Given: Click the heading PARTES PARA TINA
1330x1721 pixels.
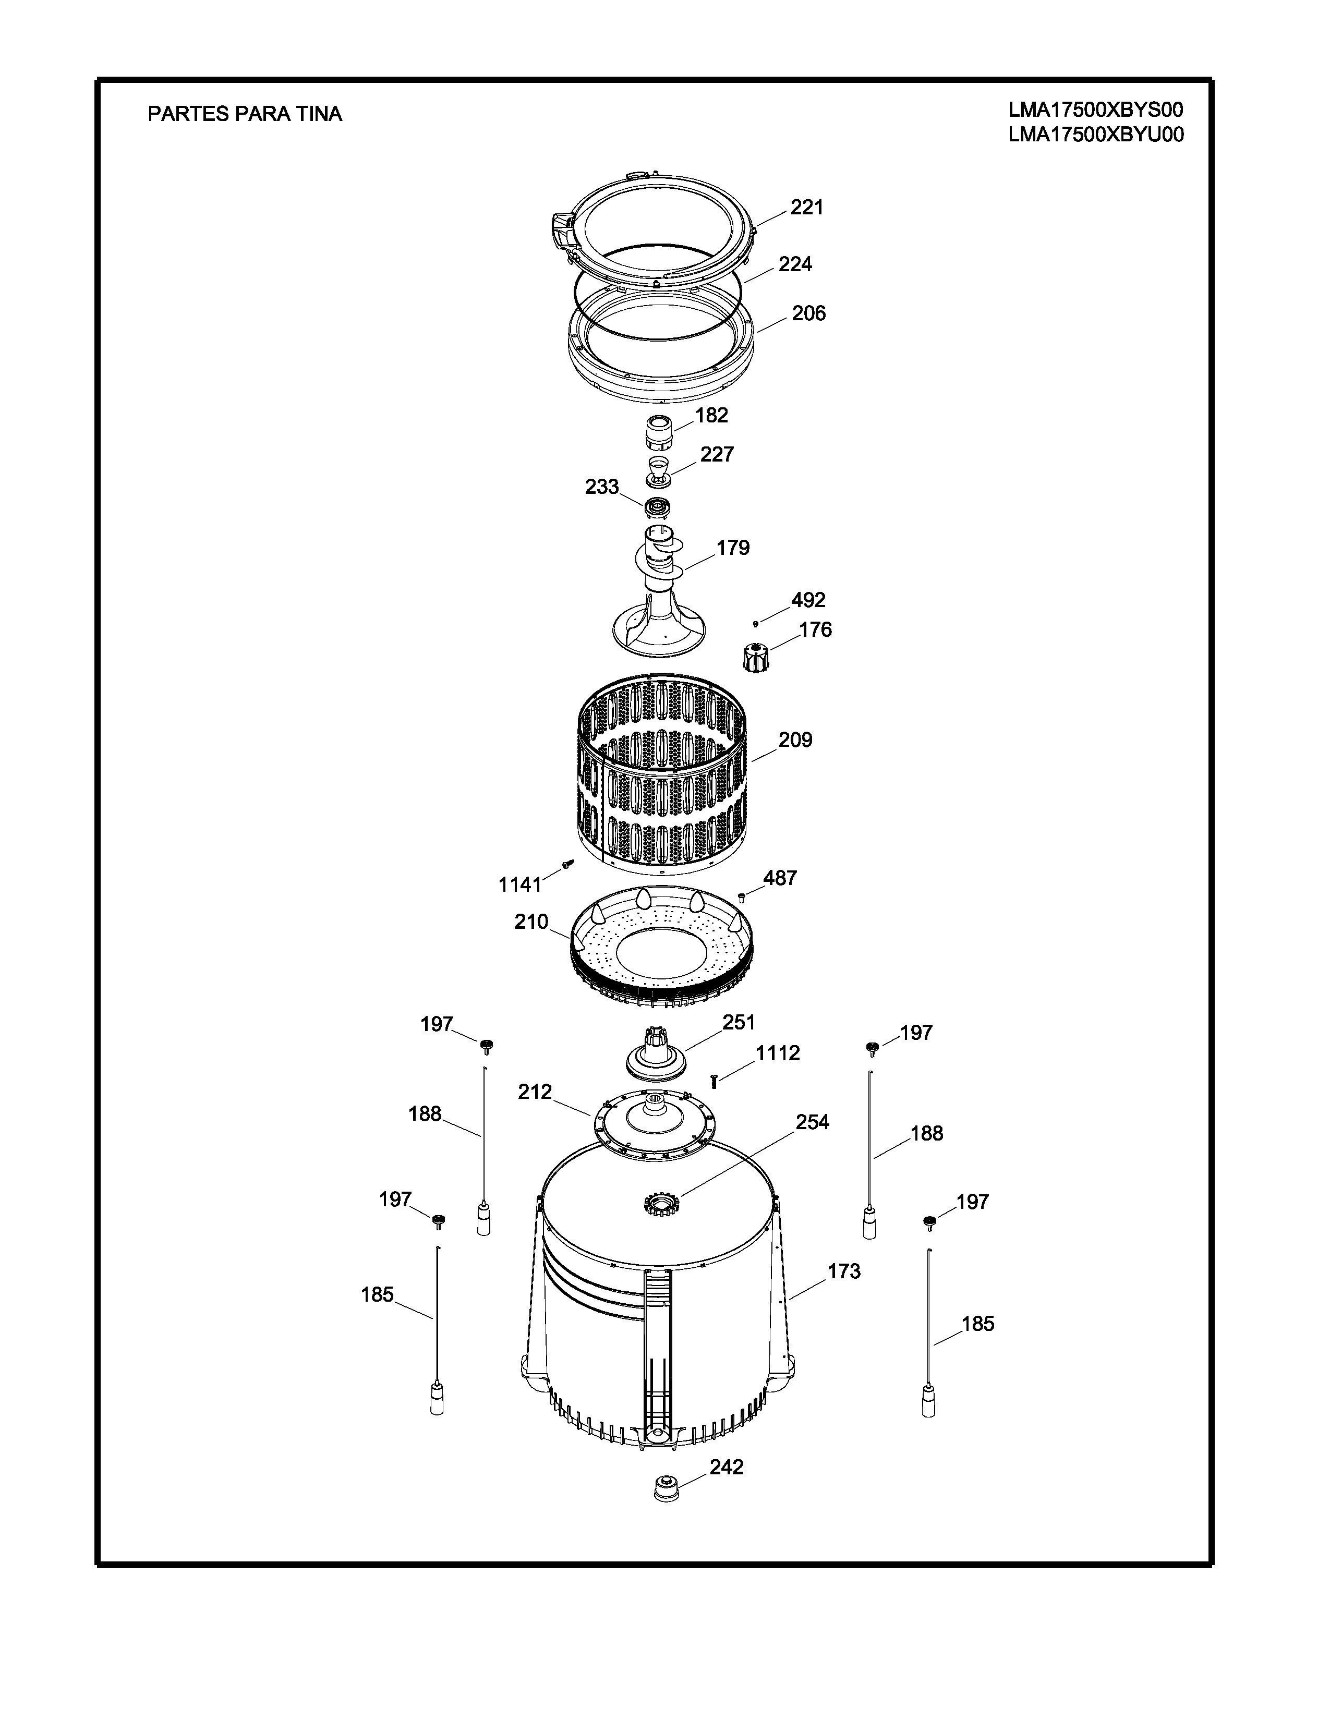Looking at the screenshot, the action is click(245, 114).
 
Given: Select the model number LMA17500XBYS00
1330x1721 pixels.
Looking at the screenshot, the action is click(1096, 110).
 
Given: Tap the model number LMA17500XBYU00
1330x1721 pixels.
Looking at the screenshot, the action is click(1096, 135).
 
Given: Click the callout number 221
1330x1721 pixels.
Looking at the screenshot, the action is click(807, 207).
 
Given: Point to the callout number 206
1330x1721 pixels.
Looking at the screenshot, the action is click(808, 313).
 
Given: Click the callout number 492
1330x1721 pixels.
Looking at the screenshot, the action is click(808, 600).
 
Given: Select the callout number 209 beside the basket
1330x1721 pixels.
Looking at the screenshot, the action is click(795, 740).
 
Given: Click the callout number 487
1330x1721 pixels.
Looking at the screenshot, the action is click(780, 878).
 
